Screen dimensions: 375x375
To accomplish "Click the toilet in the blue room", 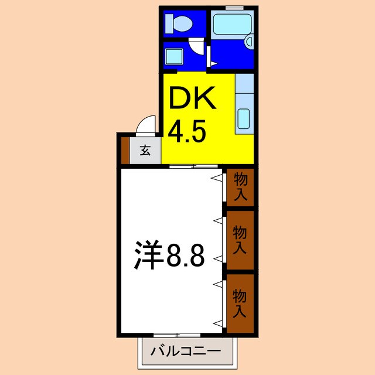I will tap(179, 24).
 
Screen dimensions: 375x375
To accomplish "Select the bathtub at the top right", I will tap(231, 25).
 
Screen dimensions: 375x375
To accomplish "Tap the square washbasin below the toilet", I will tap(174, 56).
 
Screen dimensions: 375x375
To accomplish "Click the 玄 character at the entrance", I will tap(145, 151).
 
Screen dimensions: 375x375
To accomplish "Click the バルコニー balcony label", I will tap(186, 353).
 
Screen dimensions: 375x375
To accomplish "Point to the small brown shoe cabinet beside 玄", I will tap(124, 149).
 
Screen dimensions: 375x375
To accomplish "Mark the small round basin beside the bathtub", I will tap(249, 41).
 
